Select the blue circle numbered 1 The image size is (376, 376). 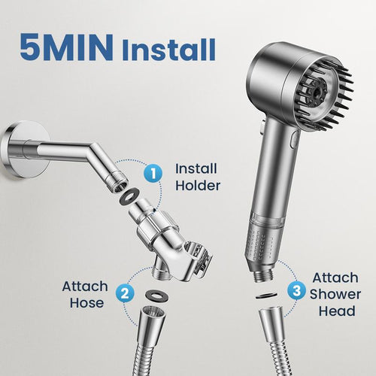coord(153,174)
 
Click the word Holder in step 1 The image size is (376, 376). coord(198,185)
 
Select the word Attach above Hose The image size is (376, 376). coord(84,287)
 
